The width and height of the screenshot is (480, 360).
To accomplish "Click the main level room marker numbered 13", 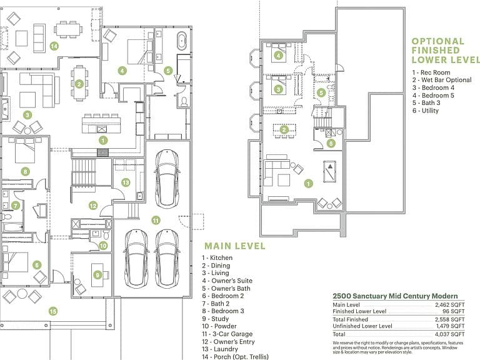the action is click(x=126, y=182).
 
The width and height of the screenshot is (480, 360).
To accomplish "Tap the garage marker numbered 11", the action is click(x=156, y=220).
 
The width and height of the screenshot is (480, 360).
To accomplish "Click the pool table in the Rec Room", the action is click(x=330, y=171).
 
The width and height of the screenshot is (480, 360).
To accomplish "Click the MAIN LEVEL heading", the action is click(x=235, y=246).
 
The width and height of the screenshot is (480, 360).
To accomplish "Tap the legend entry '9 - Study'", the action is click(x=215, y=319).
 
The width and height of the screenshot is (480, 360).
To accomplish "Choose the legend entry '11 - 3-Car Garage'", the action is click(x=227, y=334).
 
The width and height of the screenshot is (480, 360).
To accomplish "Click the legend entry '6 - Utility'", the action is click(x=426, y=111).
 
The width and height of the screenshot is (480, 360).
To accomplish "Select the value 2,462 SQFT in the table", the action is click(x=450, y=305).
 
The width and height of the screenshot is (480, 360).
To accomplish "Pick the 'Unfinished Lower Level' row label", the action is click(x=362, y=326).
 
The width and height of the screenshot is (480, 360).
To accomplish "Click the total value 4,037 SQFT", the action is click(x=450, y=334).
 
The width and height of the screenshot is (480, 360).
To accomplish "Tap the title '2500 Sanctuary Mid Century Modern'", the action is click(x=395, y=296).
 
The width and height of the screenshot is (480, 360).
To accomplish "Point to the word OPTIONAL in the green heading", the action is click(x=438, y=41).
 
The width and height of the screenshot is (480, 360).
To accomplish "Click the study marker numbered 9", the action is click(x=97, y=275).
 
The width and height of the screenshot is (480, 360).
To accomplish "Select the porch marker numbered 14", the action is click(x=54, y=46).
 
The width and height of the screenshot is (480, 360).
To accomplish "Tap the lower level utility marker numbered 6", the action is click(x=331, y=143).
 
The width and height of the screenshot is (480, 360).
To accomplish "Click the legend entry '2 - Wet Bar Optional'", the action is click(x=442, y=80).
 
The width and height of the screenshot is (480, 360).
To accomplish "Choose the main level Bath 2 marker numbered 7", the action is click(x=15, y=206).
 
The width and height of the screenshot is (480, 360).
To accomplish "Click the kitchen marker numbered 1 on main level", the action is click(x=103, y=141).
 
